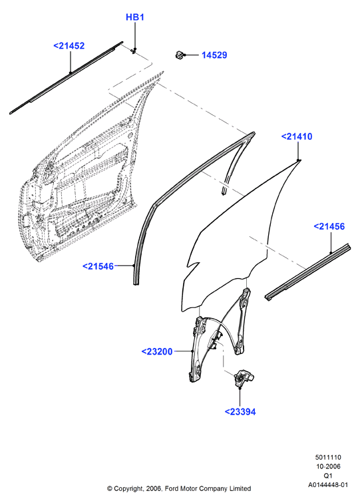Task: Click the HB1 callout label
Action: (x=135, y=17)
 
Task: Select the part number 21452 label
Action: (x=69, y=46)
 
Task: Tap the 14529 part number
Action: (x=214, y=55)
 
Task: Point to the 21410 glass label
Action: (x=297, y=136)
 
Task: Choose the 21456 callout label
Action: (x=329, y=226)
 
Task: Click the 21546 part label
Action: (x=98, y=266)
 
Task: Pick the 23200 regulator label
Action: (x=157, y=351)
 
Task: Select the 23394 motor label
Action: (x=240, y=412)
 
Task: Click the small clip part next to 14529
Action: (x=180, y=55)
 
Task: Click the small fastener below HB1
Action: (x=134, y=51)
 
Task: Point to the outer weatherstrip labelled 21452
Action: (x=66, y=78)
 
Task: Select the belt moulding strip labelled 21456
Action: (x=307, y=272)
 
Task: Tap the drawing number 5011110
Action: (x=328, y=458)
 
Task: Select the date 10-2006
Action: (x=328, y=466)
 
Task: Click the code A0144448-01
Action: (x=328, y=485)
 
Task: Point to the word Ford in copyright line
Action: (x=171, y=488)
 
